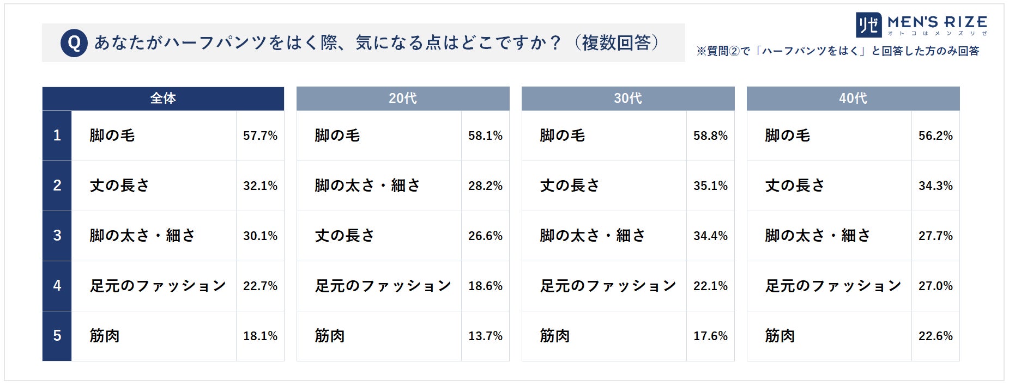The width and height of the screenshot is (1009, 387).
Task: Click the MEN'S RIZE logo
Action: point(921,25)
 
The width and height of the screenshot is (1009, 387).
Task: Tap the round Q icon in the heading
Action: point(74,42)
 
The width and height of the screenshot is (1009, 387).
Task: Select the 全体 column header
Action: point(163,99)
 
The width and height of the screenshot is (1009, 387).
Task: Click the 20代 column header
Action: point(403,99)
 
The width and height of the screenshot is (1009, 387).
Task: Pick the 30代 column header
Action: point(628,99)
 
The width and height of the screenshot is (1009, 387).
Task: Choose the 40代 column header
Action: point(853,99)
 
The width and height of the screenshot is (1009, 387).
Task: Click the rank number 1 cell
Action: point(57,136)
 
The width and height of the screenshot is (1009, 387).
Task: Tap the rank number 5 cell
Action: point(57,336)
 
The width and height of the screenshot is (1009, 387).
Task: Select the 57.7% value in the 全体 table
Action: point(260,136)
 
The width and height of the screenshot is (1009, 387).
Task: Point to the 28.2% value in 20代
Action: point(485,186)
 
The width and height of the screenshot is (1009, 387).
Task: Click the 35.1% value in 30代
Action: point(710,186)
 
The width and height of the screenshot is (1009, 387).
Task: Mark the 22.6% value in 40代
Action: point(935,336)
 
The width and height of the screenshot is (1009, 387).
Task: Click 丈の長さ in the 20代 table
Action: point(345,236)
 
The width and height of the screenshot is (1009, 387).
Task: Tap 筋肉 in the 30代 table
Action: point(555,336)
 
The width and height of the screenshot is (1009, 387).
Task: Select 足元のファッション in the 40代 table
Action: point(833,286)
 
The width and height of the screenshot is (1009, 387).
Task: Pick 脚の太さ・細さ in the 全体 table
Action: point(142,236)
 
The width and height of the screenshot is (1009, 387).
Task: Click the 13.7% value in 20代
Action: point(485,336)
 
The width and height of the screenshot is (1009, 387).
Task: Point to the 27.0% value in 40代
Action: point(935,286)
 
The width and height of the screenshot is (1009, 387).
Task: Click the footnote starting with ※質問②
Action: point(838,51)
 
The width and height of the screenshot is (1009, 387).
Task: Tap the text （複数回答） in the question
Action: point(617,42)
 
